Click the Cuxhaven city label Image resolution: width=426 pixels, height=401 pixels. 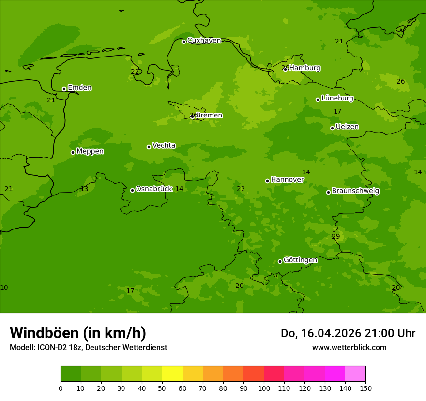coord(204,41)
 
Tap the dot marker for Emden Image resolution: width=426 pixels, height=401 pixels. coord(64,89)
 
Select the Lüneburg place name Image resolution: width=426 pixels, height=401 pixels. coord(337,98)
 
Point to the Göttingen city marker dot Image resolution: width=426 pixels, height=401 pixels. coord(280,261)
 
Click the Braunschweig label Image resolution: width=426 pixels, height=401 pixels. coord(355,191)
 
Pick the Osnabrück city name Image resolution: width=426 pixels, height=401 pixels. coord(154,189)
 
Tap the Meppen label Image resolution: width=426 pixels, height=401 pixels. coord(90,151)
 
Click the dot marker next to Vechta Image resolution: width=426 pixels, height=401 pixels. coord(149,147)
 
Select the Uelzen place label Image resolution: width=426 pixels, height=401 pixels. coord(347,127)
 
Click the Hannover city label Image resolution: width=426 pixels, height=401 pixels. coord(287,179)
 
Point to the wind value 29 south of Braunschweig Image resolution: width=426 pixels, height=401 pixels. coord(336,236)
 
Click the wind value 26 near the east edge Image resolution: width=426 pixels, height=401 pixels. coord(400,81)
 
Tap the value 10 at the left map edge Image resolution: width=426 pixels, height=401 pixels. coord(4,287)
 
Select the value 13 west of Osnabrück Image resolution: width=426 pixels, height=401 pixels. coord(84,189)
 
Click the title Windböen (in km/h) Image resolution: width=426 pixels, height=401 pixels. coord(78,333)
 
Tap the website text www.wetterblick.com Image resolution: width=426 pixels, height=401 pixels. coord(349,347)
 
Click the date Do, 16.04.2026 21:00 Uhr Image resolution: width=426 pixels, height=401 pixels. coord(348,333)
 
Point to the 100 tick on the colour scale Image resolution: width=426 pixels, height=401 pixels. coord(264,388)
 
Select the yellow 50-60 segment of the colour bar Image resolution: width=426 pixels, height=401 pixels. coord(172,374)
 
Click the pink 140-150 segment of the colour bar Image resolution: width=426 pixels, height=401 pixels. coord(355,374)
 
